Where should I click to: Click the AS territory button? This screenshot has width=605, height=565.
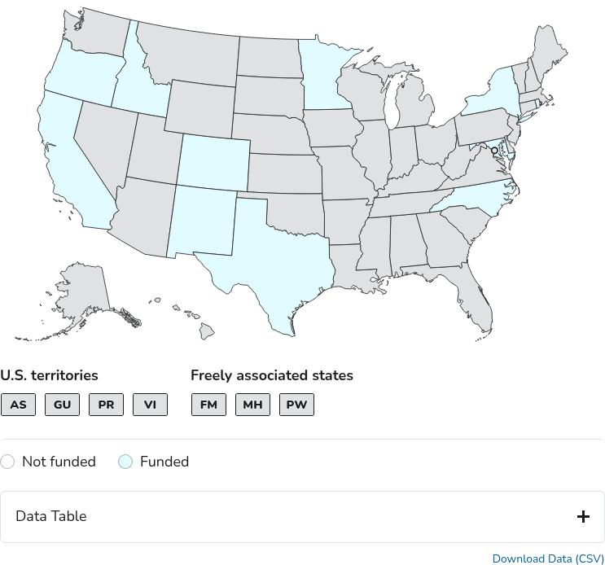pyautogui.click(x=19, y=405)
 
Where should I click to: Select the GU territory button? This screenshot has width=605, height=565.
pyautogui.click(x=63, y=405)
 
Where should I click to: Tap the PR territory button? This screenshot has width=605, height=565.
pyautogui.click(x=107, y=405)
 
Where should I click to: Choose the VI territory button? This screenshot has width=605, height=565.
pyautogui.click(x=151, y=405)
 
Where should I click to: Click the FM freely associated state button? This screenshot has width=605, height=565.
pyautogui.click(x=208, y=405)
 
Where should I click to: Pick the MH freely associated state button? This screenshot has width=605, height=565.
pyautogui.click(x=252, y=405)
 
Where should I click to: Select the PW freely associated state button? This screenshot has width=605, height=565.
pyautogui.click(x=296, y=405)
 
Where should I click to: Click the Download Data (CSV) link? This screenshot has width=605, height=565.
pyautogui.click(x=548, y=558)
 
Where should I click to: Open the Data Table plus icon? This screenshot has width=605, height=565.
pyautogui.click(x=583, y=516)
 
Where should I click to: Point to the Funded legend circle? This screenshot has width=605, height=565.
pyautogui.click(x=125, y=462)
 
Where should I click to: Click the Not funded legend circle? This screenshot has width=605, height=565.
pyautogui.click(x=7, y=462)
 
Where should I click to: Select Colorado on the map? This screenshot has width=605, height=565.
pyautogui.click(x=213, y=160)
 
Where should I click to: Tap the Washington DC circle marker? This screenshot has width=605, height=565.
pyautogui.click(x=493, y=151)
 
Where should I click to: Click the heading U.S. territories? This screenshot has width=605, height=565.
pyautogui.click(x=49, y=375)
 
